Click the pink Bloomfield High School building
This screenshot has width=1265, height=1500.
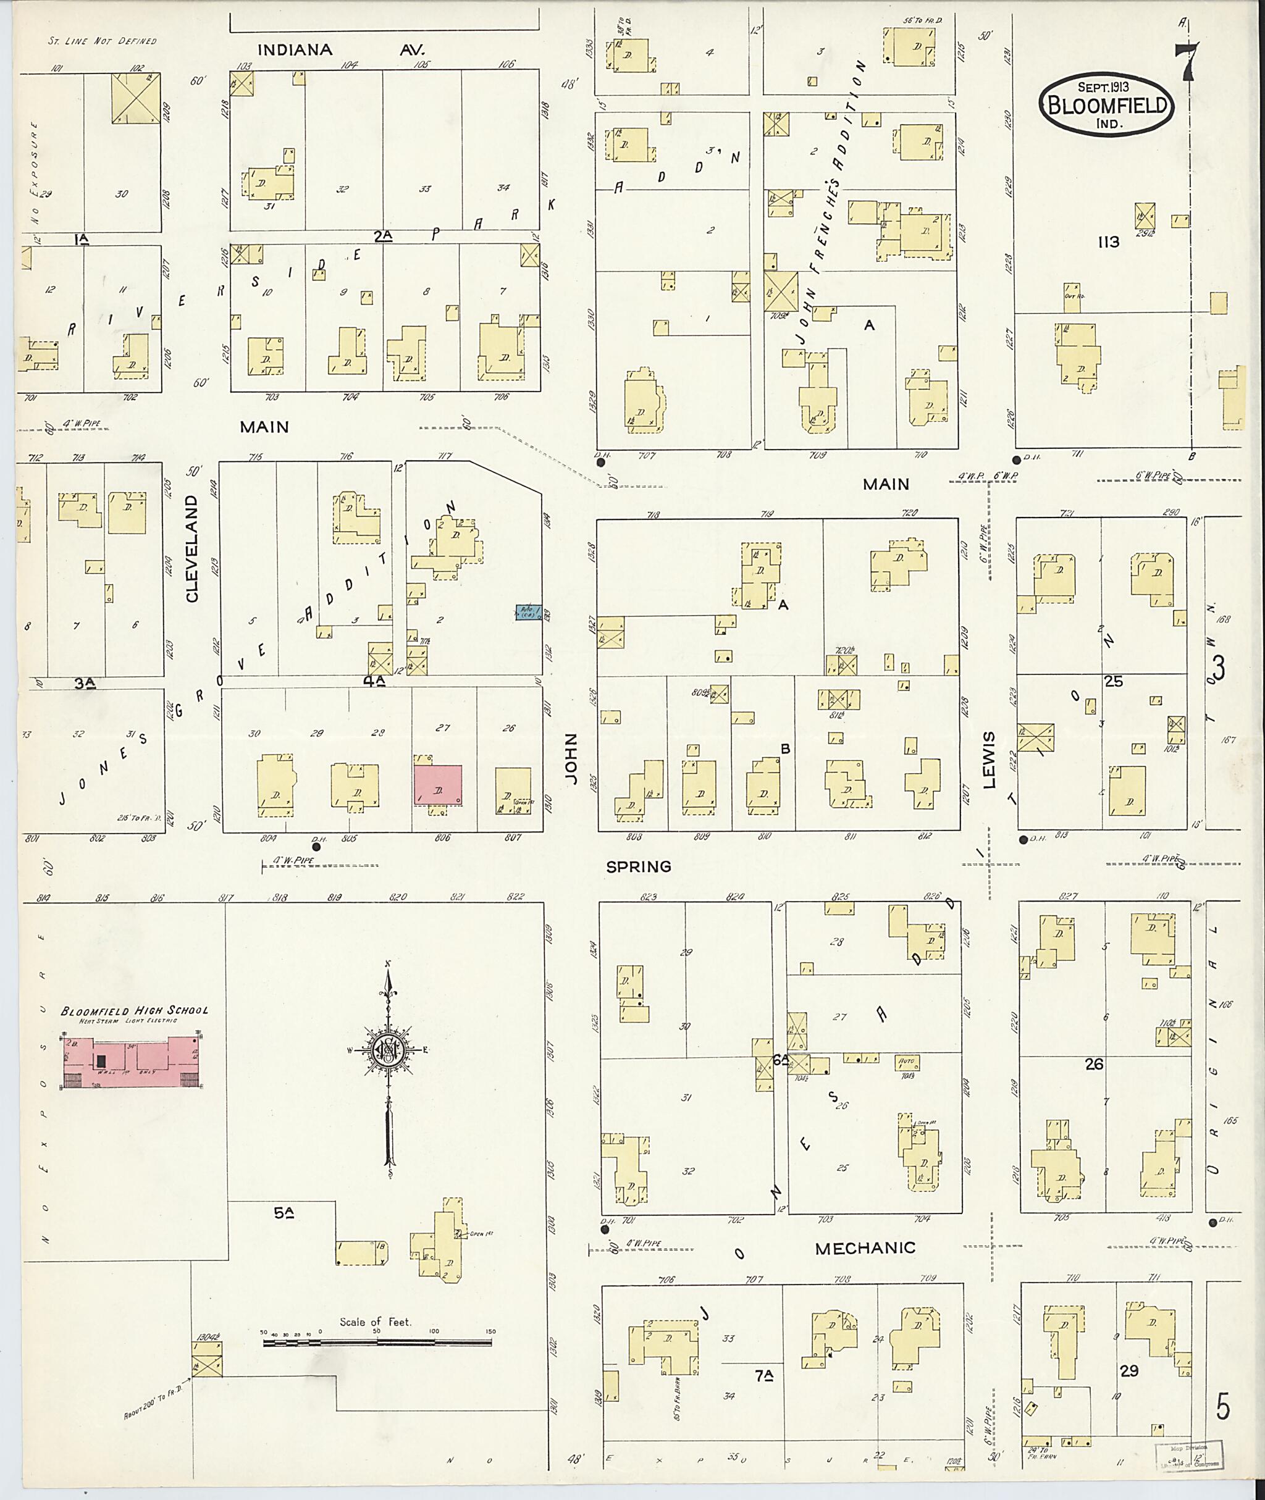click(x=132, y=1063)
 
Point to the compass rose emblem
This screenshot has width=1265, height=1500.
click(x=388, y=1050)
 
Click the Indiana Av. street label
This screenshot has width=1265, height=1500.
click(x=340, y=50)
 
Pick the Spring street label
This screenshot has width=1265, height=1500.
click(x=638, y=866)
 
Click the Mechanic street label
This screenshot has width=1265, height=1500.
click(x=865, y=1247)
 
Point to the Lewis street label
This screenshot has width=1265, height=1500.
click(x=990, y=760)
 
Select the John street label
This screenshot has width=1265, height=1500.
click(x=571, y=758)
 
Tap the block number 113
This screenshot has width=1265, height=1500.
click(x=1108, y=242)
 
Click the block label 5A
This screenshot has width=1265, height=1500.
click(x=284, y=1213)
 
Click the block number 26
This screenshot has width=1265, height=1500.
click(x=1094, y=1065)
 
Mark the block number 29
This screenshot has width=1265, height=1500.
click(x=1130, y=1371)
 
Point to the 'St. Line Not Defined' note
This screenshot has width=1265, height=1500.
click(x=102, y=41)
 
